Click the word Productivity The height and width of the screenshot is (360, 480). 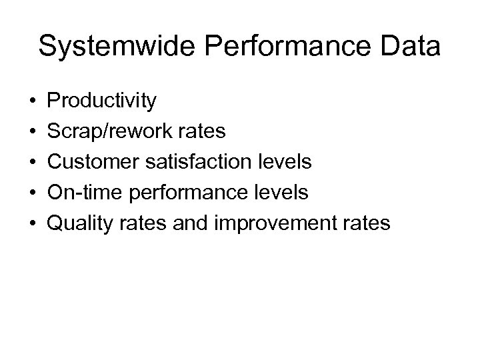tap(103, 101)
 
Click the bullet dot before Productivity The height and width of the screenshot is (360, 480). tap(33, 102)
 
